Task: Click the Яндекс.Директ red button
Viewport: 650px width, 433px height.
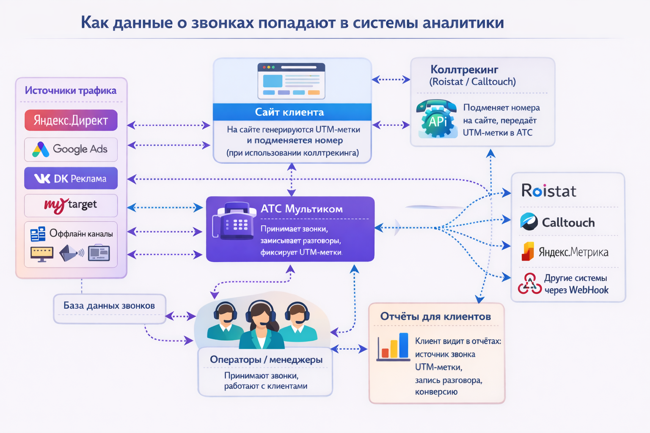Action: click(x=71, y=121)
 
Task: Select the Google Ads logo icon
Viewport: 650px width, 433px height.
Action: click(x=41, y=149)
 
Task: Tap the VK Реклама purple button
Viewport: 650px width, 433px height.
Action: click(x=71, y=178)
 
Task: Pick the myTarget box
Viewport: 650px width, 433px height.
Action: click(x=71, y=206)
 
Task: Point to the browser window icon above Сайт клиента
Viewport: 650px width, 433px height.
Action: click(x=292, y=81)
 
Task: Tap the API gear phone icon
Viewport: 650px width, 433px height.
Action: click(x=437, y=119)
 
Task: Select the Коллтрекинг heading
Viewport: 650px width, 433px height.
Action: click(x=464, y=69)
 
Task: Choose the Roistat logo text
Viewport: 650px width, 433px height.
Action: click(x=549, y=191)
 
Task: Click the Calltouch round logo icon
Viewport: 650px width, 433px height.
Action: click(x=529, y=222)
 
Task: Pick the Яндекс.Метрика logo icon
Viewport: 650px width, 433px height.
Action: click(x=528, y=252)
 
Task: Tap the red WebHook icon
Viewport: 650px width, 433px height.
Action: click(x=529, y=284)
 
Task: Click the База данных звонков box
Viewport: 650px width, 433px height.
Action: click(x=109, y=308)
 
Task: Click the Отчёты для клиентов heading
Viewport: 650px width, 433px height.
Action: click(x=435, y=316)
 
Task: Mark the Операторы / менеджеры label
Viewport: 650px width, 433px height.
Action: click(x=266, y=360)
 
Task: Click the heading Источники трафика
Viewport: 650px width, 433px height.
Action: click(x=71, y=90)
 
